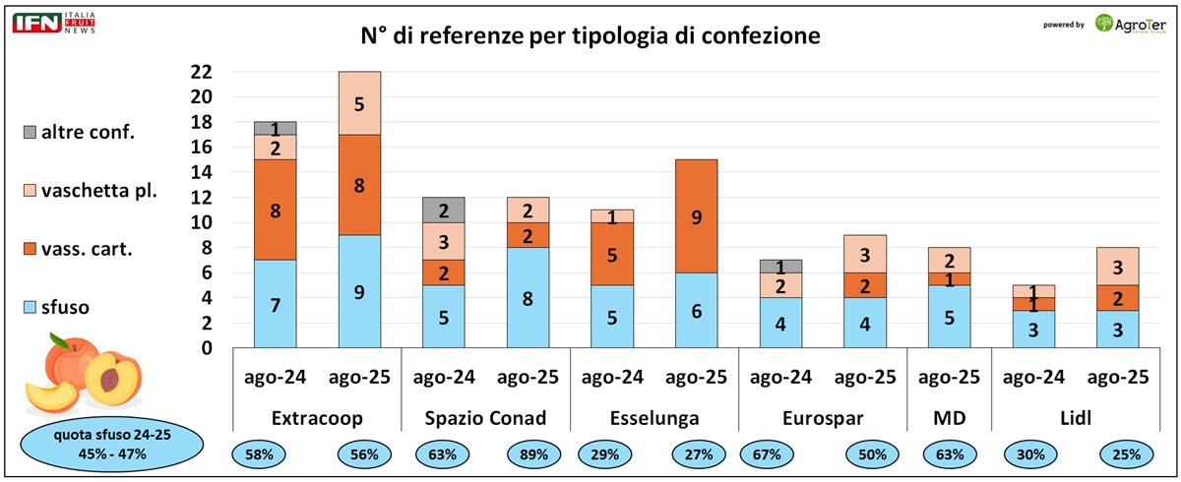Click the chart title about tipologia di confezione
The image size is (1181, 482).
(x=590, y=36)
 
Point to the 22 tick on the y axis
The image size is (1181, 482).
(x=201, y=72)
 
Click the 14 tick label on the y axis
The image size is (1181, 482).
(x=201, y=172)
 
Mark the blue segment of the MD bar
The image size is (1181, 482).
(x=950, y=317)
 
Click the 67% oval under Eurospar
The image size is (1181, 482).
(x=767, y=454)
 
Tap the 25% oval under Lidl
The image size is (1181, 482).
(x=1119, y=454)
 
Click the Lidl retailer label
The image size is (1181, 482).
(x=1077, y=418)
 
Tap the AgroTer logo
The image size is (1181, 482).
(x=1131, y=24)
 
